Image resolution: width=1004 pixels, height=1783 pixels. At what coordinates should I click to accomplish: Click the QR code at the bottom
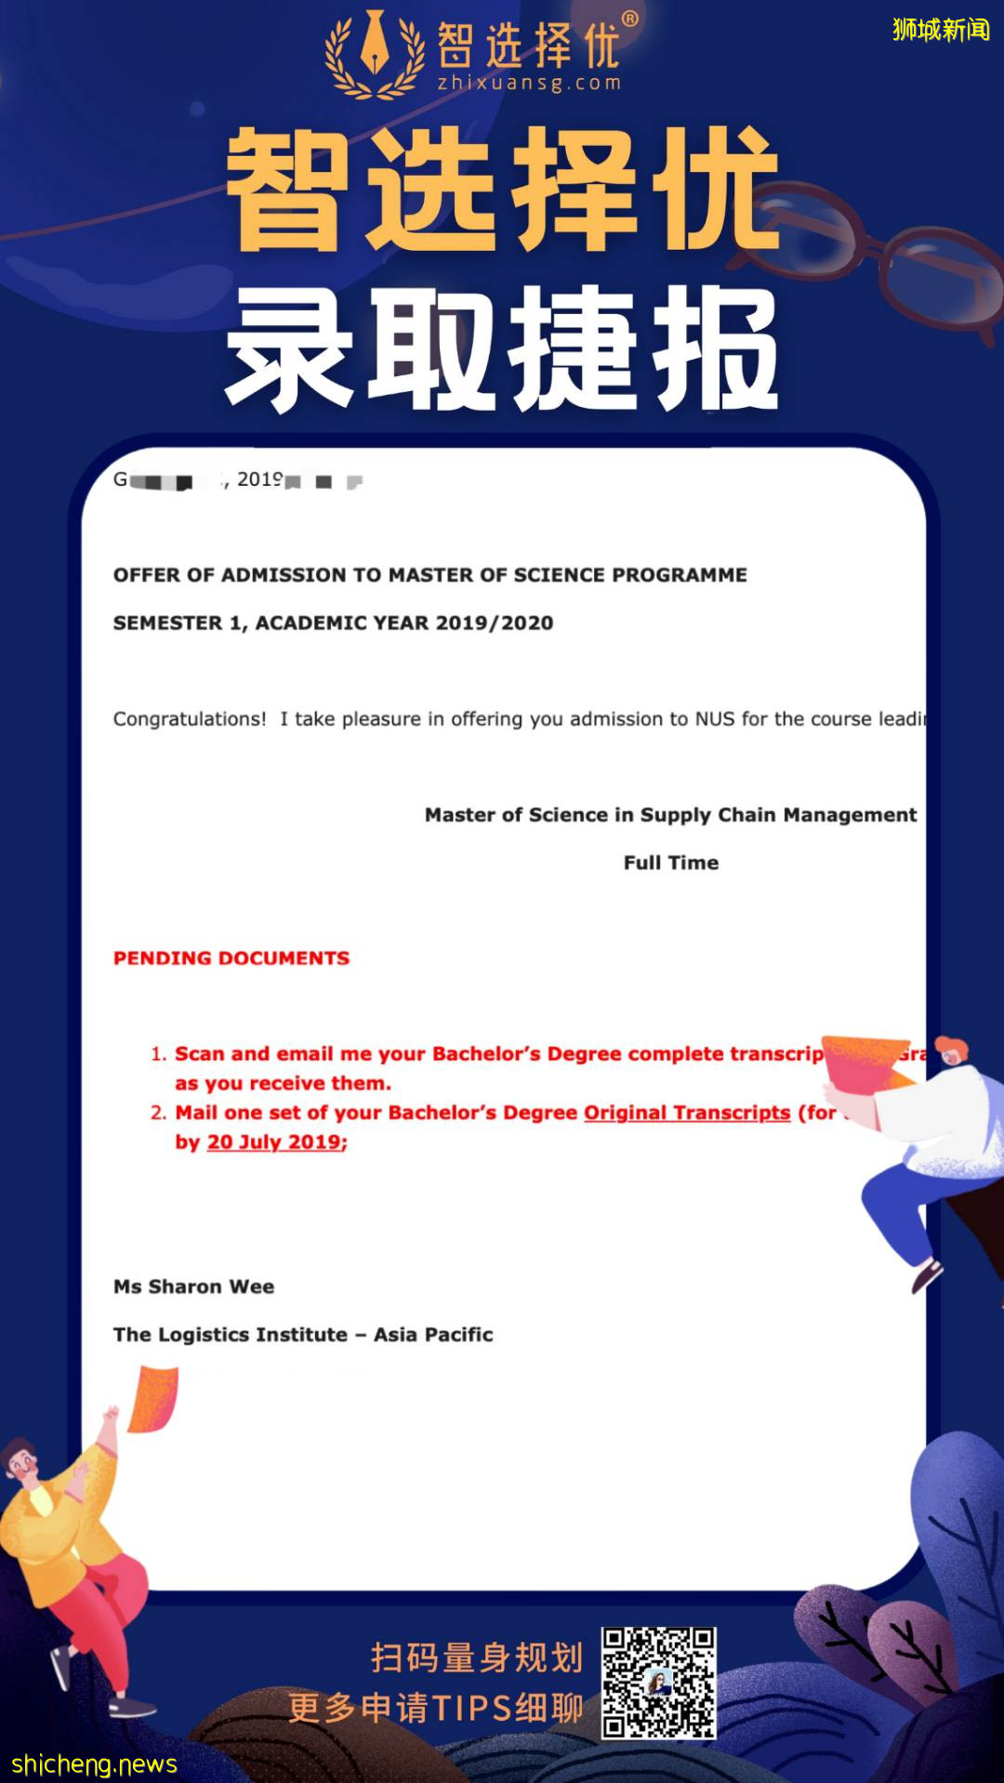[x=658, y=1682]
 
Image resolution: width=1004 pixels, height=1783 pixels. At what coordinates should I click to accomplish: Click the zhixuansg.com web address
[x=529, y=84]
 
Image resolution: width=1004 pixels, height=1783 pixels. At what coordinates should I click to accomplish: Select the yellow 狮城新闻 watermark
[x=940, y=30]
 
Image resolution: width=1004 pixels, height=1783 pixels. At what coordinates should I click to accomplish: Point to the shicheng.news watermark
[x=94, y=1764]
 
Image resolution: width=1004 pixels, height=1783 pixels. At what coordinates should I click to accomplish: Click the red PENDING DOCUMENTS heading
[x=231, y=958]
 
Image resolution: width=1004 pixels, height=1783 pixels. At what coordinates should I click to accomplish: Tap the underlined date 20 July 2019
[x=275, y=1142]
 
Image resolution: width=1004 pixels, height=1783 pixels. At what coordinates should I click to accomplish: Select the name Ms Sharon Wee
[x=193, y=1287]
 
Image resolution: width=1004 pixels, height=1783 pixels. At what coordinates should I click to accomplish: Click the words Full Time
[x=670, y=862]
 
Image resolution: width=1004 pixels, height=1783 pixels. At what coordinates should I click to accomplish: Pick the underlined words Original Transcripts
[x=686, y=1113]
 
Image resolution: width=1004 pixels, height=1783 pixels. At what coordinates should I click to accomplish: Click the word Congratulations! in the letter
[x=190, y=719]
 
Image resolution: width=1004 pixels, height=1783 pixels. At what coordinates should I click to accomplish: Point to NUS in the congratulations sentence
[x=715, y=719]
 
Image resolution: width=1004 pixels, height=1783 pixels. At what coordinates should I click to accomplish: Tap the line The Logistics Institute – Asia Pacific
[x=303, y=1335]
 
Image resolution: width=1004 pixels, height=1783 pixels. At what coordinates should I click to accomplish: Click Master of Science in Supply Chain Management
[x=670, y=815]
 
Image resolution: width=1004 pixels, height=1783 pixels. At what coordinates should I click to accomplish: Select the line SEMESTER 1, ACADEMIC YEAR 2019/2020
[x=333, y=623]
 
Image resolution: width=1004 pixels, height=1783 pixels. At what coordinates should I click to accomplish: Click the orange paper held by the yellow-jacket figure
[x=153, y=1398]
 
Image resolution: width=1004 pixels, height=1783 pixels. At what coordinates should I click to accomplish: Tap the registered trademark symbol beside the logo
[x=629, y=20]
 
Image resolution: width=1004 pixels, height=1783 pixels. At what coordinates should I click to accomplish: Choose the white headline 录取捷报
[x=502, y=348]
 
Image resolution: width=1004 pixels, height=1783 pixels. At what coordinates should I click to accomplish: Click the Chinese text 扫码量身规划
[x=476, y=1658]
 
